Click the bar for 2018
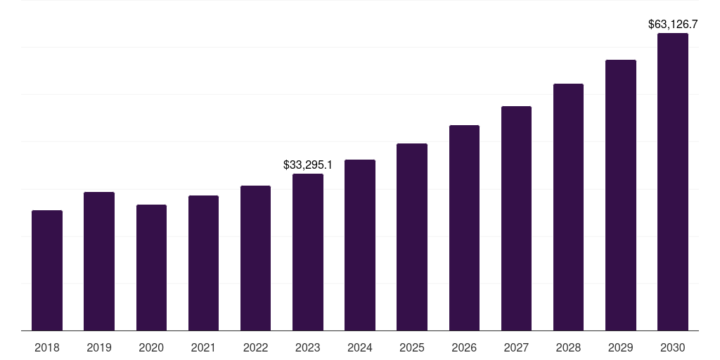pyautogui.click(x=47, y=271)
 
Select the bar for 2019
pyautogui.click(x=99, y=262)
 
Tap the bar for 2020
pyautogui.click(x=151, y=268)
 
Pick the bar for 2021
pyautogui.click(x=203, y=263)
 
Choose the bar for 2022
pyautogui.click(x=255, y=258)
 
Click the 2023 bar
pyautogui.click(x=308, y=252)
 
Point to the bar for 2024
pyautogui.click(x=360, y=245)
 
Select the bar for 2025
pyautogui.click(x=412, y=237)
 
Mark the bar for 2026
pyautogui.click(x=464, y=228)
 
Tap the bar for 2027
pyautogui.click(x=516, y=219)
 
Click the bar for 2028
pyautogui.click(x=568, y=207)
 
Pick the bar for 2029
pyautogui.click(x=621, y=195)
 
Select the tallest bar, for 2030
pyautogui.click(x=673, y=182)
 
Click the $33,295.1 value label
pyautogui.click(x=308, y=165)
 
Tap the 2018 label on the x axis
pyautogui.click(x=47, y=347)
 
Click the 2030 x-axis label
pyautogui.click(x=673, y=347)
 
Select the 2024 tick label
pyautogui.click(x=360, y=347)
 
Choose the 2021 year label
pyautogui.click(x=203, y=347)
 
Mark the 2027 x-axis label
pyautogui.click(x=516, y=347)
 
